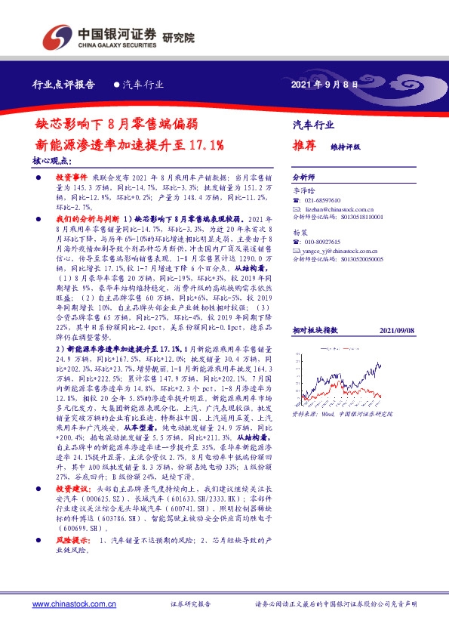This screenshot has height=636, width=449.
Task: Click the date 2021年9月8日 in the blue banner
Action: point(324,85)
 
